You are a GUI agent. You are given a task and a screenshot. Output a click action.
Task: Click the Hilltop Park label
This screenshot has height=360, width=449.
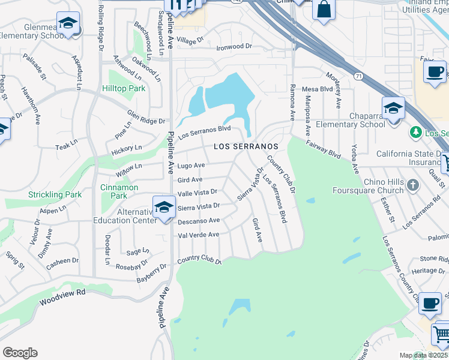coord(127,88)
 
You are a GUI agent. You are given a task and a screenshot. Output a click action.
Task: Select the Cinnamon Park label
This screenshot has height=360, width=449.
coord(119,191)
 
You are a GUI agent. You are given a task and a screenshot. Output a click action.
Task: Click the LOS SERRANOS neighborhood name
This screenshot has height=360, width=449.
coord(246,146)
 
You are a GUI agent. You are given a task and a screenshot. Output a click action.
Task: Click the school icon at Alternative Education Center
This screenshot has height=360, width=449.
coord(164,206)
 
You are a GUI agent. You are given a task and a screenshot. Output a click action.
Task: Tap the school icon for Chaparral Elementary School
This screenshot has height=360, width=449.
coord(393,108)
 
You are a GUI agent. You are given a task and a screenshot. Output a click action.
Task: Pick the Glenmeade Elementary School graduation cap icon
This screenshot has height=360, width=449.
coord(68,23)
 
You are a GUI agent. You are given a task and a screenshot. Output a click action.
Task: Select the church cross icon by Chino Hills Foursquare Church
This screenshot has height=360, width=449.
coord(412,185)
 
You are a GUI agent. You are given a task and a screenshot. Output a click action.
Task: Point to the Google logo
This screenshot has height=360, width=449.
coord(20,353)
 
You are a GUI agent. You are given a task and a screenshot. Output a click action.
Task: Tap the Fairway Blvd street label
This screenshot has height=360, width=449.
coord(323,149)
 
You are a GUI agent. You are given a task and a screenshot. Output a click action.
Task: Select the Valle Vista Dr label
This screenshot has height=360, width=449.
coord(197,193)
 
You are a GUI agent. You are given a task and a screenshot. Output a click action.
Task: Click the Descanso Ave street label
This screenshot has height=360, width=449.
coord(199,221)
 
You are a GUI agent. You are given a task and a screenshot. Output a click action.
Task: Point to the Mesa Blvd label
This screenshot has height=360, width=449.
coord(317,89)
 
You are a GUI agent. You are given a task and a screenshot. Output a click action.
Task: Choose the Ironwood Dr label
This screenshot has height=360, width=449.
coord(234,46)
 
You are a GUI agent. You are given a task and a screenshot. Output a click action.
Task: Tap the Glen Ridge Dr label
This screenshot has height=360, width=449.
coord(146,116)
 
